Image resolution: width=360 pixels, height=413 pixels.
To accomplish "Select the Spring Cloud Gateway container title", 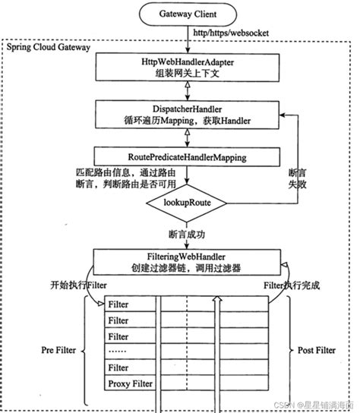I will pos(49,48).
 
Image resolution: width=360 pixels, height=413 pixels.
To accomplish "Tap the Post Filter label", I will pos(315,352).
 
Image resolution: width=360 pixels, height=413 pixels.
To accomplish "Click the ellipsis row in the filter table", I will pos(122,352).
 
